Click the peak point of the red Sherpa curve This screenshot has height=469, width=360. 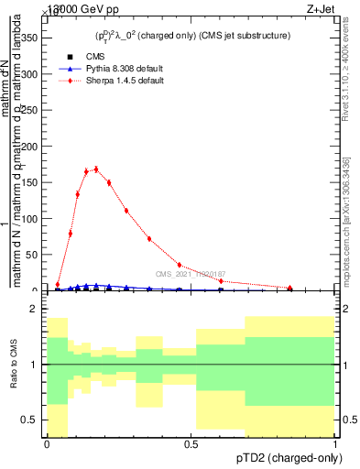point(96,169)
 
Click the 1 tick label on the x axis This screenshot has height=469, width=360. point(334,444)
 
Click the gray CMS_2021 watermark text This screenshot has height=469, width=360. point(190,274)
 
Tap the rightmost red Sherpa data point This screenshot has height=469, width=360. point(290,289)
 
